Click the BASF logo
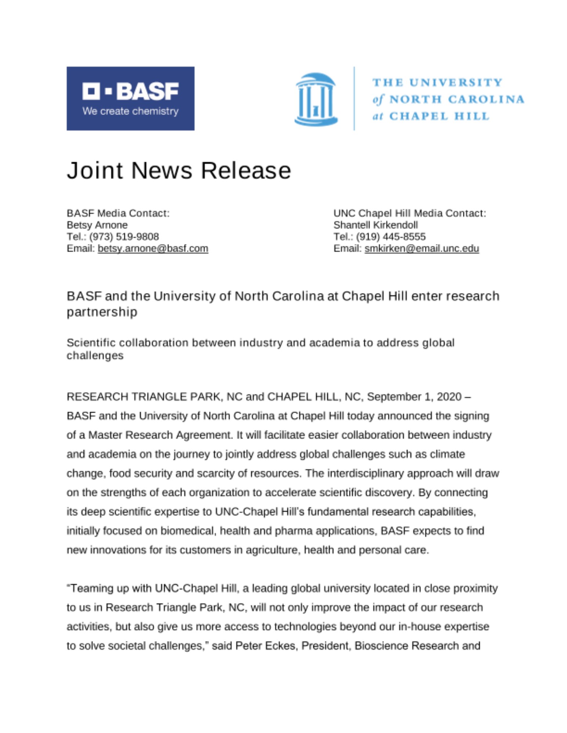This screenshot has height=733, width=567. point(130,98)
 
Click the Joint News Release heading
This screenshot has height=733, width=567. point(179,170)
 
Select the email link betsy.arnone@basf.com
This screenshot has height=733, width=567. point(153,248)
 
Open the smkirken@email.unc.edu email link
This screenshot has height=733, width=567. point(421,248)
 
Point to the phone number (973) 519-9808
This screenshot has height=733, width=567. point(124,237)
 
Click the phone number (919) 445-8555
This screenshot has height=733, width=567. point(390,237)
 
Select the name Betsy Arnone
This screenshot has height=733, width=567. point(97,225)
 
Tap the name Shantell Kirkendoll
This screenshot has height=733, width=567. point(375,225)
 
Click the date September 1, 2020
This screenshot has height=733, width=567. point(414,397)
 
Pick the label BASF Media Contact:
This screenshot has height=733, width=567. point(118,213)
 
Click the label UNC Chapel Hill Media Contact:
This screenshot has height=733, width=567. point(410,213)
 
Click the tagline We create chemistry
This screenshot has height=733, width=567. point(130,111)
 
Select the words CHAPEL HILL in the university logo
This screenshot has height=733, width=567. point(439,116)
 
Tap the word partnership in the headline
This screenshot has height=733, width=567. point(102,312)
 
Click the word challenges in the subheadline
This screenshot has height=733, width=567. point(95,356)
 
